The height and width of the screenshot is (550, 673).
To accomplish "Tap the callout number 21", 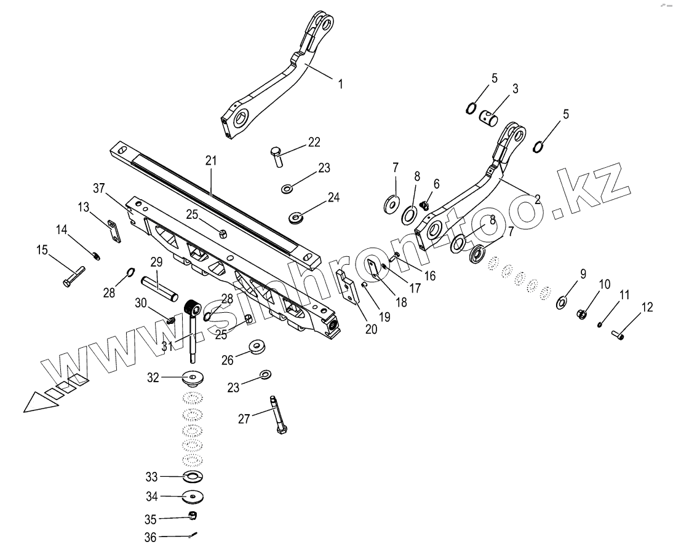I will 211,162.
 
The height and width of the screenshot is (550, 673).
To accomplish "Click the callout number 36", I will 151,537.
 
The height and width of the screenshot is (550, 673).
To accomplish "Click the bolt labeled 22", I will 276,156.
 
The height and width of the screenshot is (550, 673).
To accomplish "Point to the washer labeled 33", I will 192,477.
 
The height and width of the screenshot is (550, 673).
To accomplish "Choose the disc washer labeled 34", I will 192,496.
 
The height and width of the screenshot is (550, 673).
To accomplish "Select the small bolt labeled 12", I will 617,334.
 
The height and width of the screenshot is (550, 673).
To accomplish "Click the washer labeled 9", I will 562,302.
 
